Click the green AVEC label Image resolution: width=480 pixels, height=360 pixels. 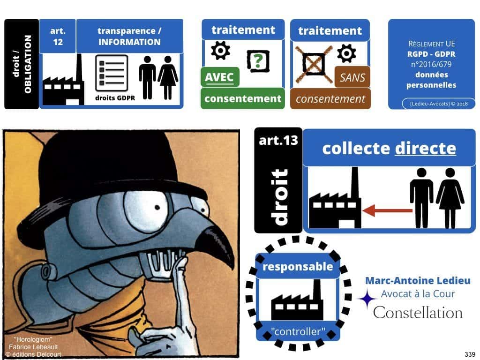pyautogui.click(x=219, y=76)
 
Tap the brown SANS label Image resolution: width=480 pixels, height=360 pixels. pyautogui.click(x=352, y=77)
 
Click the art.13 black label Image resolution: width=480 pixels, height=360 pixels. pyautogui.click(x=278, y=140)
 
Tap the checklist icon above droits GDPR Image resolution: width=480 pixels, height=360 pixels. pyautogui.click(x=112, y=73)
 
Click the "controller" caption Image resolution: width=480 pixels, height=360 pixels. pyautogui.click(x=298, y=332)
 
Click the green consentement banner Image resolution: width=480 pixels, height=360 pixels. pyautogui.click(x=243, y=98)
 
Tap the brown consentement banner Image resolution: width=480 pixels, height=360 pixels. pyautogui.click(x=330, y=99)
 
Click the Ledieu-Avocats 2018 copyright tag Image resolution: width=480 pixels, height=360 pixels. pyautogui.click(x=432, y=103)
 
